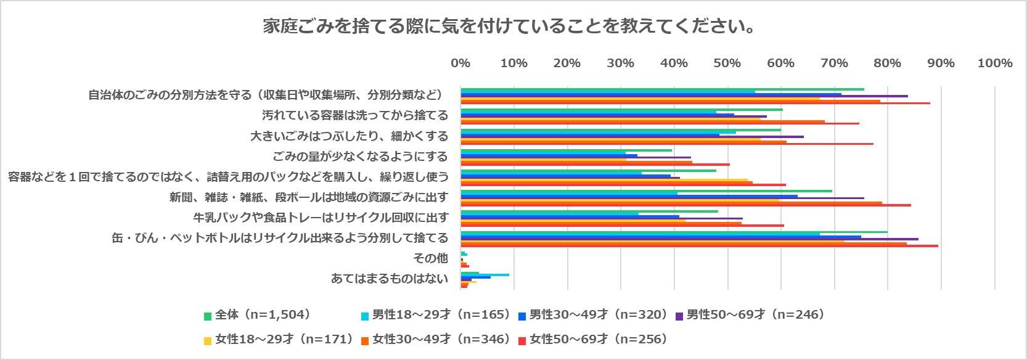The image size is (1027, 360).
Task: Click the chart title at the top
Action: pyautogui.click(x=509, y=27)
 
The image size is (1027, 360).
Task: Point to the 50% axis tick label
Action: pyautogui.click(x=727, y=63)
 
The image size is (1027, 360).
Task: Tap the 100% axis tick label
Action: pyautogui.click(x=994, y=63)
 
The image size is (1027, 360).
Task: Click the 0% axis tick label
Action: pyautogui.click(x=460, y=63)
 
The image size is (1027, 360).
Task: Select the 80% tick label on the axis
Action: pyautogui.click(x=887, y=63)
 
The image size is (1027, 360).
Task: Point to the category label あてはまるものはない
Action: pyautogui.click(x=389, y=279)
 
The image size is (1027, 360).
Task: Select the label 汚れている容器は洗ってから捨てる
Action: pyautogui.click(x=355, y=115)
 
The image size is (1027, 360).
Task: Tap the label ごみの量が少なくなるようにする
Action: pyautogui.click(x=360, y=156)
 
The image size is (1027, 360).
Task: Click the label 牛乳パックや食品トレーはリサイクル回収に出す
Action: pyautogui.click(x=321, y=217)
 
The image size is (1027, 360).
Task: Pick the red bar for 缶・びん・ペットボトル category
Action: pyautogui.click(x=699, y=246)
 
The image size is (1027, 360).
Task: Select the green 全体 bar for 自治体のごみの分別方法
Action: pyautogui.click(x=662, y=89)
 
